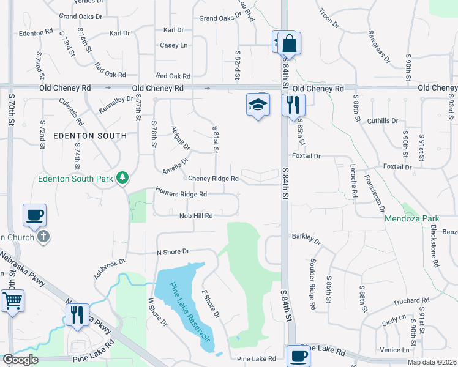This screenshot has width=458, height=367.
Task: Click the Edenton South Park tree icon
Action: pyautogui.click(x=123, y=178)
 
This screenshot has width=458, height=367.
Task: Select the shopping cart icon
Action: pyautogui.click(x=12, y=302)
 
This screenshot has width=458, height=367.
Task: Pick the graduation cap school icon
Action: pyautogui.click(x=258, y=105)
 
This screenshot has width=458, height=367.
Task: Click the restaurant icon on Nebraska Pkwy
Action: pyautogui.click(x=77, y=314)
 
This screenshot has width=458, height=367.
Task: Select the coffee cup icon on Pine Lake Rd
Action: pyautogui.click(x=298, y=356)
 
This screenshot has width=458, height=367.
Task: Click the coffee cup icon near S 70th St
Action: pyautogui.click(x=35, y=215)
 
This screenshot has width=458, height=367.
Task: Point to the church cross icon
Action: pyautogui.click(x=42, y=236)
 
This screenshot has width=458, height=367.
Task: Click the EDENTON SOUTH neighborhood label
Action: pyautogui.click(x=90, y=136)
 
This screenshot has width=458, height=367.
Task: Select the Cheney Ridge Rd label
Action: pyautogui.click(x=213, y=179)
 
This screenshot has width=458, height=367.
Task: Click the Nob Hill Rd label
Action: pyautogui.click(x=196, y=216)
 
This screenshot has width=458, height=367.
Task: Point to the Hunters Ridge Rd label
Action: pyautogui.click(x=181, y=193)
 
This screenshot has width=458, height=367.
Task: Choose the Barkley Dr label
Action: pyautogui.click(x=307, y=236)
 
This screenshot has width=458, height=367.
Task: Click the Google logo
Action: pyautogui.click(x=20, y=360)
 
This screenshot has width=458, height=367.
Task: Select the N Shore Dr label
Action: pyautogui.click(x=173, y=251)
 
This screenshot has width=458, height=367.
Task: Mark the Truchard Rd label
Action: pyautogui.click(x=411, y=300)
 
